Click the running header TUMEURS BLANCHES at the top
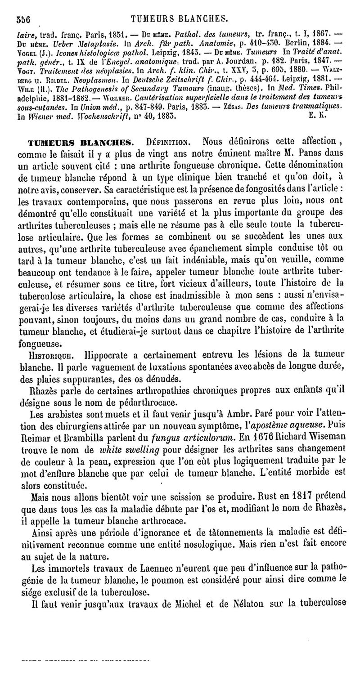click(x=179, y=19)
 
